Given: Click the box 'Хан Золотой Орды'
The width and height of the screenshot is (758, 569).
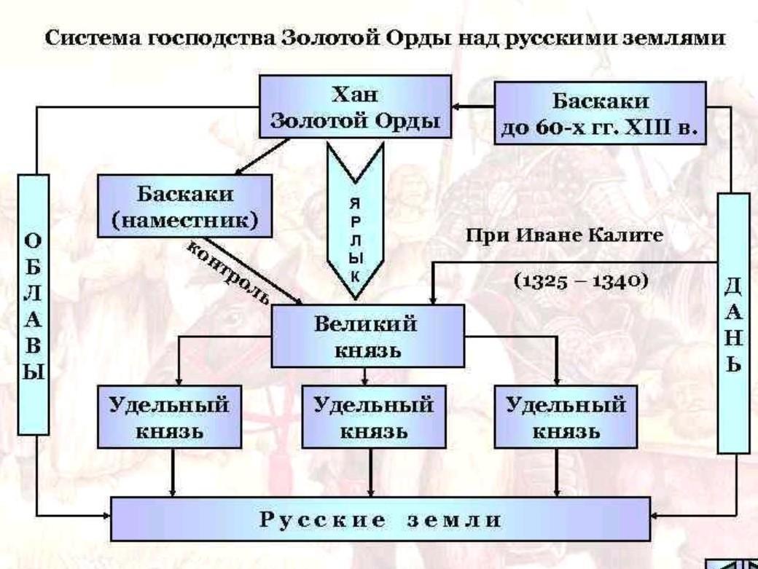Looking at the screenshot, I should point(355,108).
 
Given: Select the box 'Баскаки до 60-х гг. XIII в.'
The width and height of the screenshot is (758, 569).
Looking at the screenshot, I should point(600,114).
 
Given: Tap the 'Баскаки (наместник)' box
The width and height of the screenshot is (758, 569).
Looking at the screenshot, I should point(185,208).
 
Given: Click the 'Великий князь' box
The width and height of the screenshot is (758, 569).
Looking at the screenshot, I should point(367,336).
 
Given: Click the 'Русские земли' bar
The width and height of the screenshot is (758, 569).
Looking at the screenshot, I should point(380,519).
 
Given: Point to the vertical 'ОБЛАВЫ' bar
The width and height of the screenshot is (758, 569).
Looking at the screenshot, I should point(33,305).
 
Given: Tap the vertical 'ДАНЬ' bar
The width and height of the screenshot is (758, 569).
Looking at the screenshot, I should point(732,323).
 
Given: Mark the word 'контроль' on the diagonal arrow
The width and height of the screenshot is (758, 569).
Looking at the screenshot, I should point(227,271).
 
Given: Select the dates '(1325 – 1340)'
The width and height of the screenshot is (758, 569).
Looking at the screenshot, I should point(581,281).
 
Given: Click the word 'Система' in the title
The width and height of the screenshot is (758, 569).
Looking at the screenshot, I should point(82,39).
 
